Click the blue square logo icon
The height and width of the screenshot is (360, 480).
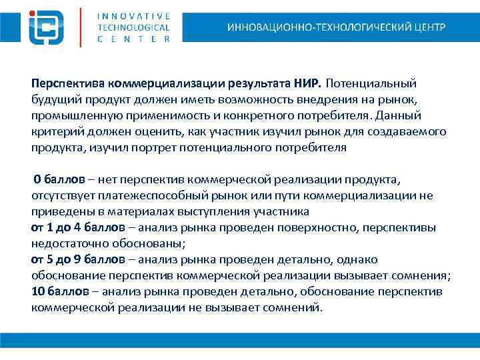[x=47, y=27]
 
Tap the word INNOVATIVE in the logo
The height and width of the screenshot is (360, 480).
[x=133, y=16]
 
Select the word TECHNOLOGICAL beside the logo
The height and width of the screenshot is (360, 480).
[x=133, y=27]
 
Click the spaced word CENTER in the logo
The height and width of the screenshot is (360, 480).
[x=133, y=39]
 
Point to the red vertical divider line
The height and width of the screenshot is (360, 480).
[x=81, y=27]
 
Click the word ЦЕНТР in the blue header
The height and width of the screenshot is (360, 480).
[x=427, y=27]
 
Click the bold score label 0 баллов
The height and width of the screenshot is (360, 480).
[x=59, y=180]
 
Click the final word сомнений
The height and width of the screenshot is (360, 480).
[x=293, y=308]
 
